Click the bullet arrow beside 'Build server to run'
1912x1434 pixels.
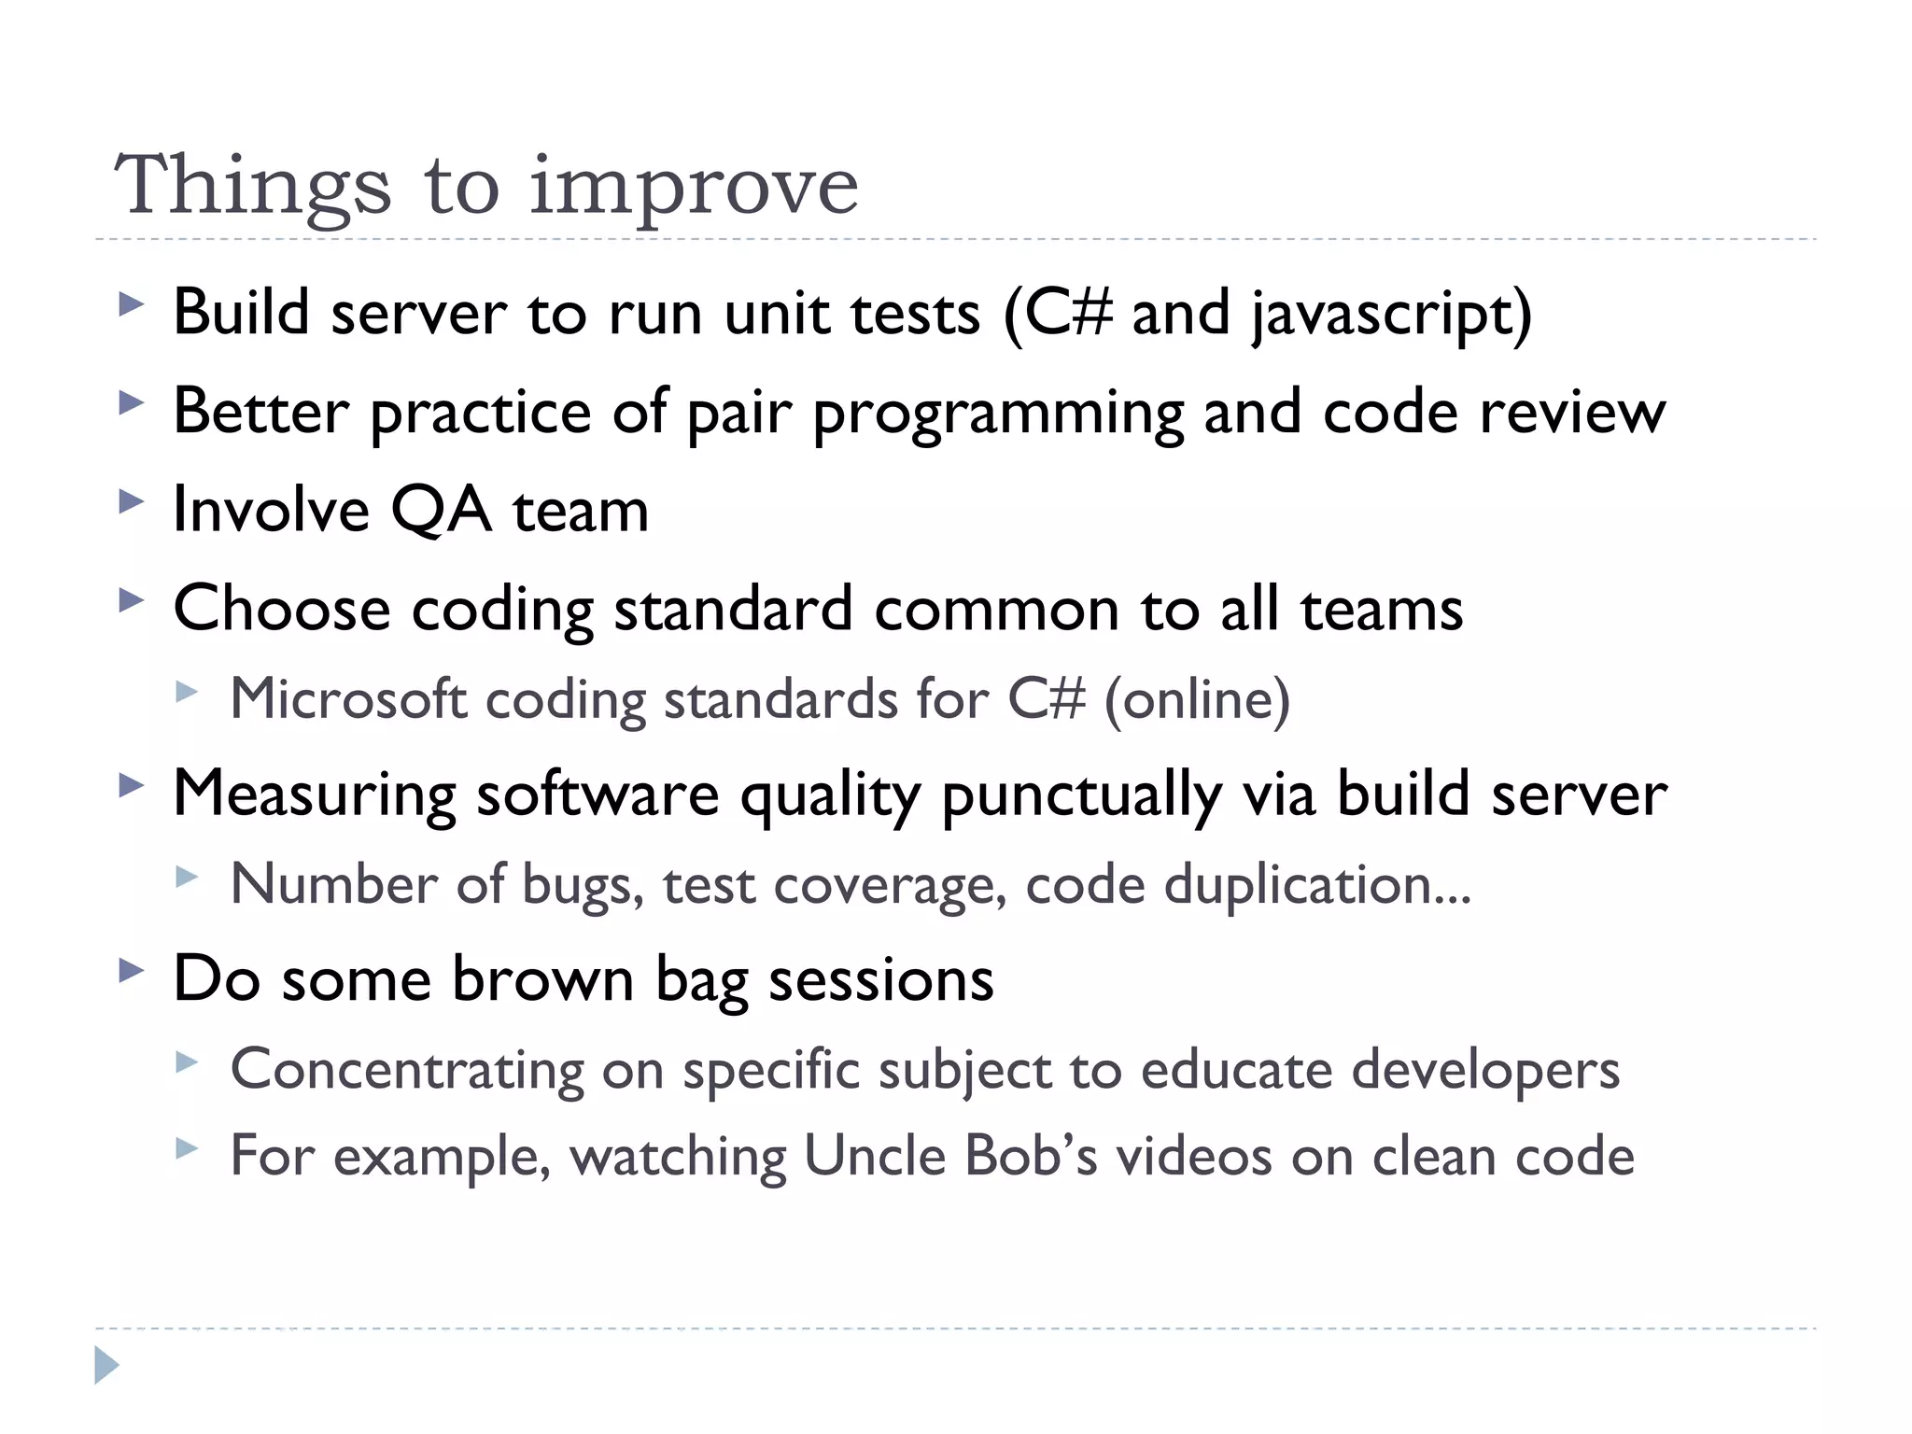(132, 304)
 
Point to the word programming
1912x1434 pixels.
(998, 414)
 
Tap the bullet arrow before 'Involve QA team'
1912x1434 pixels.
(132, 501)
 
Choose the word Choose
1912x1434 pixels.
(282, 609)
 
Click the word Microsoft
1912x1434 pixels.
(348, 699)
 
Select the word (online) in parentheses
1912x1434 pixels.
(1197, 699)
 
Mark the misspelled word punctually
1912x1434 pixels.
(1082, 795)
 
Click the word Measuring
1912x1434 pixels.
(315, 795)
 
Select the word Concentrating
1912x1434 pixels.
(407, 1070)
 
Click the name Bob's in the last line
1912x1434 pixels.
(1031, 1156)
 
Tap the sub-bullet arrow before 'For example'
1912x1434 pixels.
(187, 1147)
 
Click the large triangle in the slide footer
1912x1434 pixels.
(106, 1365)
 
